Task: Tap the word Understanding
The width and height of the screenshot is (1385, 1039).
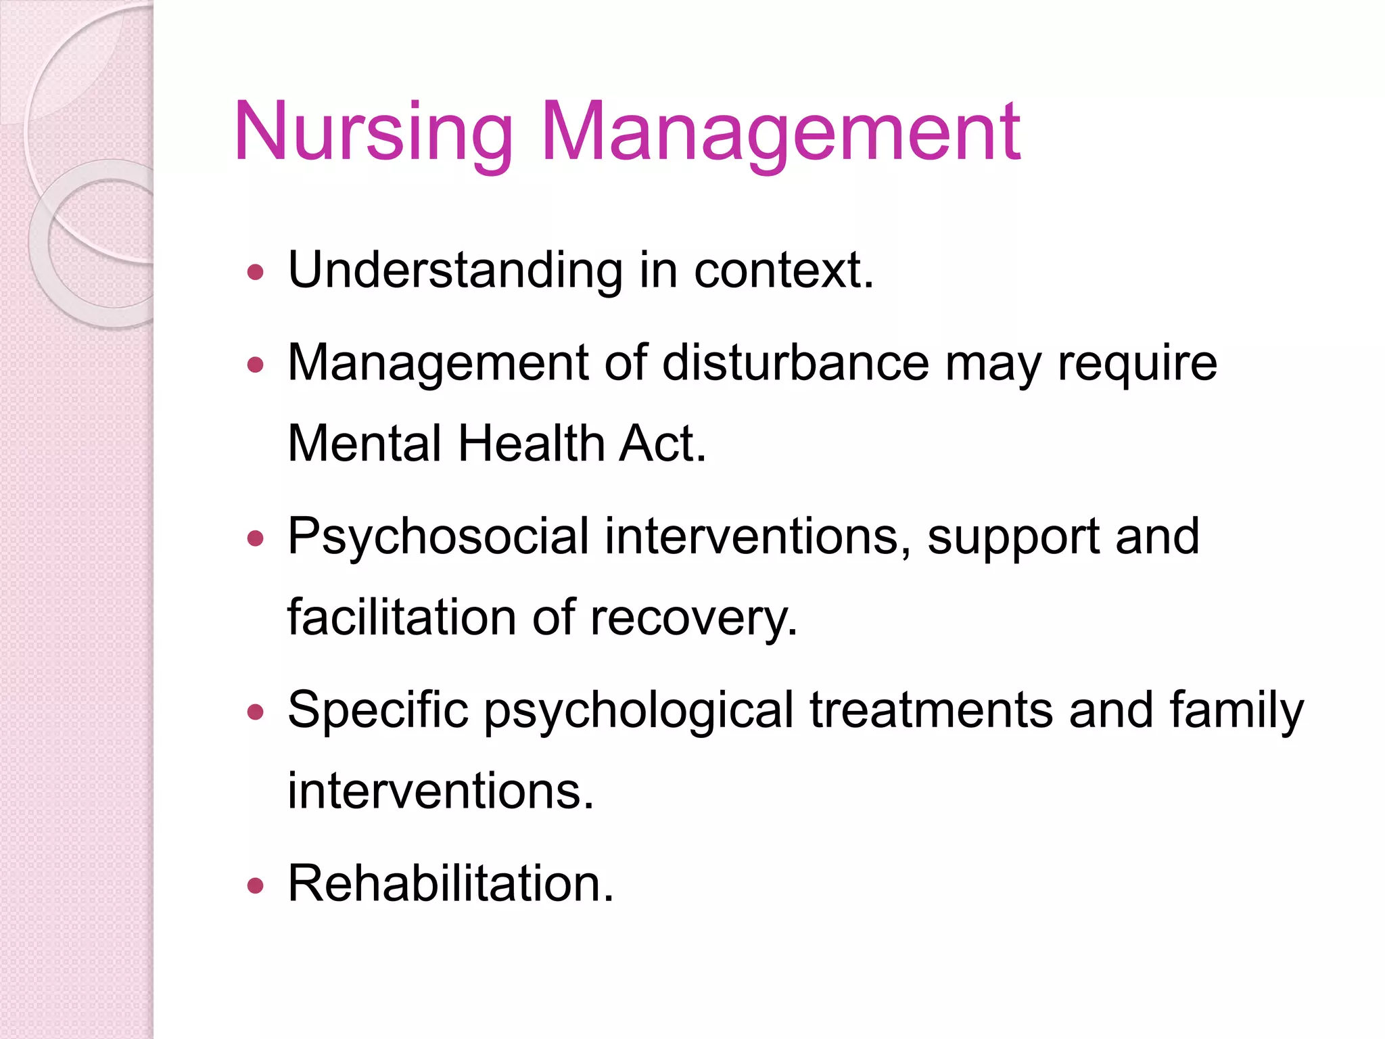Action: [x=455, y=271]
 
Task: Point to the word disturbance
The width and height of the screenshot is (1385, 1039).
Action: [x=795, y=363]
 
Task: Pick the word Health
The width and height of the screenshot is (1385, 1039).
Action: [x=531, y=444]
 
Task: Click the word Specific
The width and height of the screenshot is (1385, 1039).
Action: [x=378, y=711]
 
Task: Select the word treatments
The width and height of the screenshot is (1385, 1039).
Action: [x=931, y=711]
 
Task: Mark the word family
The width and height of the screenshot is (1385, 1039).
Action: [x=1236, y=711]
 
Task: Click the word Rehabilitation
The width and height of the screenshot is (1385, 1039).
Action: [x=450, y=883]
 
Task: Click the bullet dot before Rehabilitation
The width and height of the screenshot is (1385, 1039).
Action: [x=255, y=885]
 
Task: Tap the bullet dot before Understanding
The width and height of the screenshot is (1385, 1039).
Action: [x=255, y=273]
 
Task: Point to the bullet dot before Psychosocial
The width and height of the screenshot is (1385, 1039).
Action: [x=255, y=539]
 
